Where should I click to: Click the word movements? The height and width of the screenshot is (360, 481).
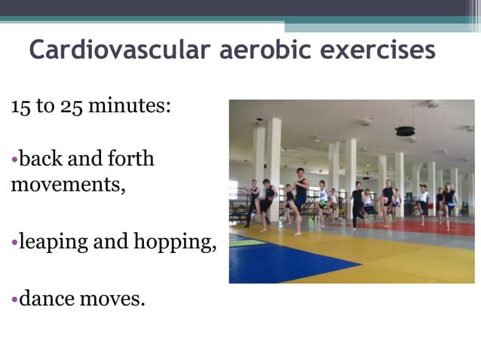[x=67, y=185]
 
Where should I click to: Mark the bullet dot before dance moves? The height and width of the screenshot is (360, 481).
[x=14, y=299]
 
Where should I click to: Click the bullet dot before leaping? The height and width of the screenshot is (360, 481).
[x=14, y=243]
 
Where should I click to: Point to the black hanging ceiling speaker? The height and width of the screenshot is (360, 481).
[x=406, y=130]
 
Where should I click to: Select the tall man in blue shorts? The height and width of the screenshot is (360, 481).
[x=300, y=197]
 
